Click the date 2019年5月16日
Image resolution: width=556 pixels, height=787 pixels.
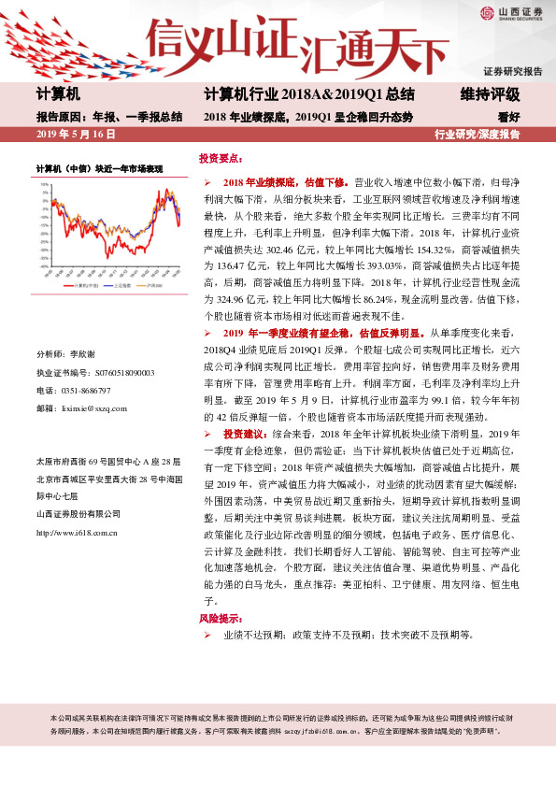click(75, 135)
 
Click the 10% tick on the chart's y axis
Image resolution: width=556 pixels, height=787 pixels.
click(43, 183)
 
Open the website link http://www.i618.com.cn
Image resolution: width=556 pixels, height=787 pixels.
click(77, 533)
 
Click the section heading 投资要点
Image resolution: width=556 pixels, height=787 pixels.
click(221, 159)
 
